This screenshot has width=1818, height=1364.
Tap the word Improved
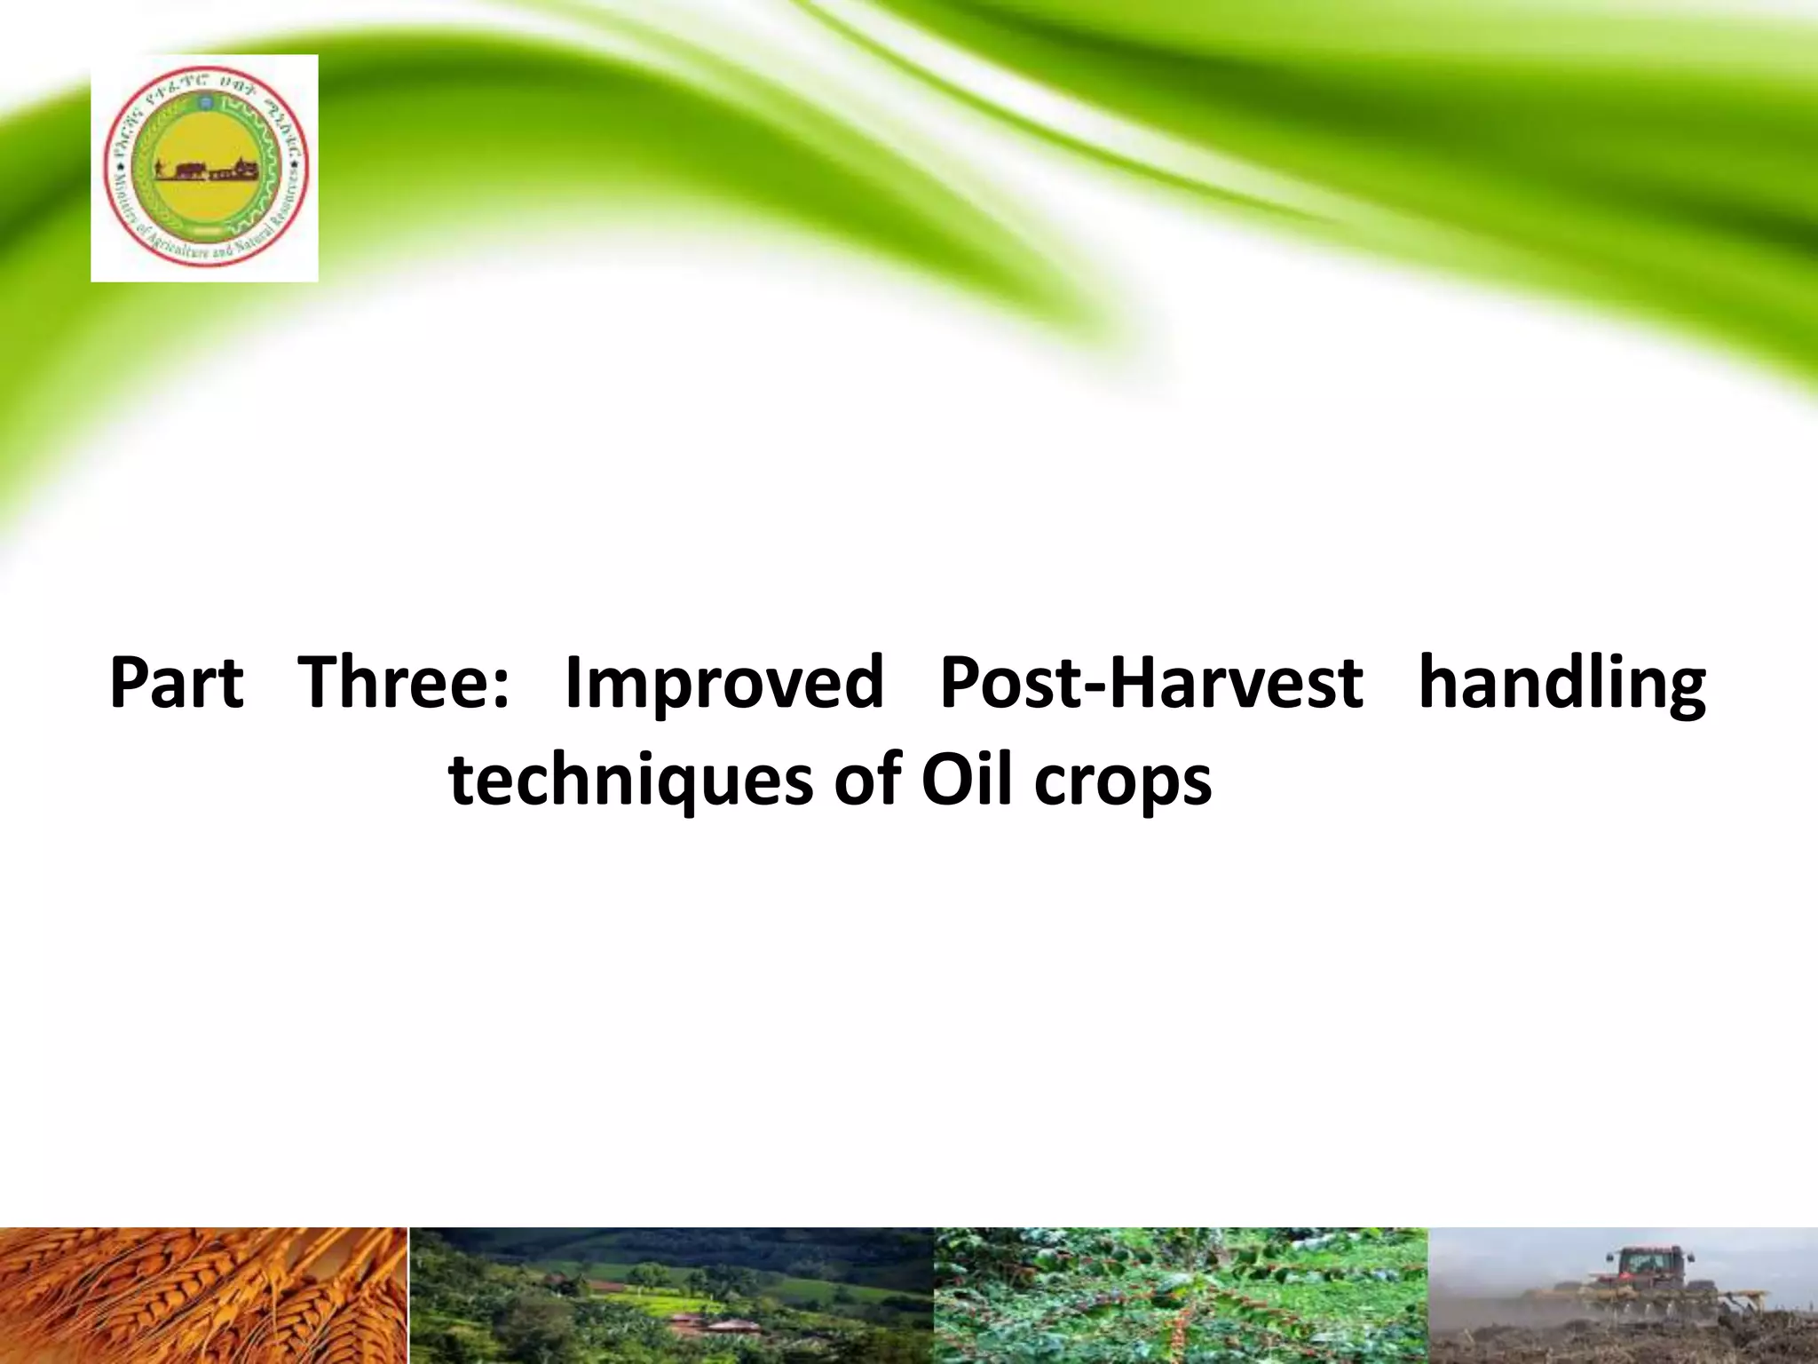pyautogui.click(x=724, y=684)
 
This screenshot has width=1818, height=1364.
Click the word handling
pyautogui.click(x=1561, y=684)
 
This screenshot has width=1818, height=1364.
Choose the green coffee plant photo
pyautogui.click(x=1181, y=1297)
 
